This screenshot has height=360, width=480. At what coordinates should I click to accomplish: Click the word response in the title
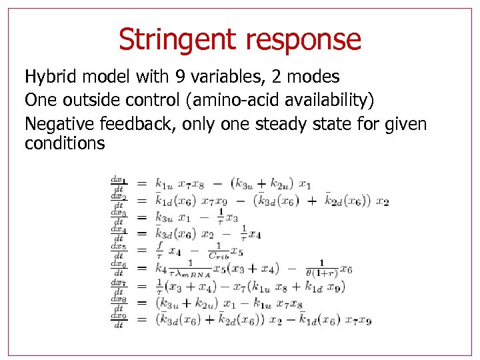click(304, 40)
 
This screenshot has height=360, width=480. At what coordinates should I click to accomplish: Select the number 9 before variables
click(165, 77)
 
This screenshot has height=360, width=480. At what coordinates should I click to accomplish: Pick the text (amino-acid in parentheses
click(228, 100)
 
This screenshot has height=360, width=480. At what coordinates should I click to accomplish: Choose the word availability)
click(331, 100)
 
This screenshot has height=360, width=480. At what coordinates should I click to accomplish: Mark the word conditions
click(65, 143)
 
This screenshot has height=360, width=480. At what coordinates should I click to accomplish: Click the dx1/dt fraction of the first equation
click(118, 184)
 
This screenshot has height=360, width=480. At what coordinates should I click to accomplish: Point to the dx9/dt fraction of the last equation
click(118, 321)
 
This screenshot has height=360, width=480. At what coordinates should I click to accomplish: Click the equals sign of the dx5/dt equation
click(141, 251)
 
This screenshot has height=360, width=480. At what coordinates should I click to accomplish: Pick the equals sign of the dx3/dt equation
click(141, 217)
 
